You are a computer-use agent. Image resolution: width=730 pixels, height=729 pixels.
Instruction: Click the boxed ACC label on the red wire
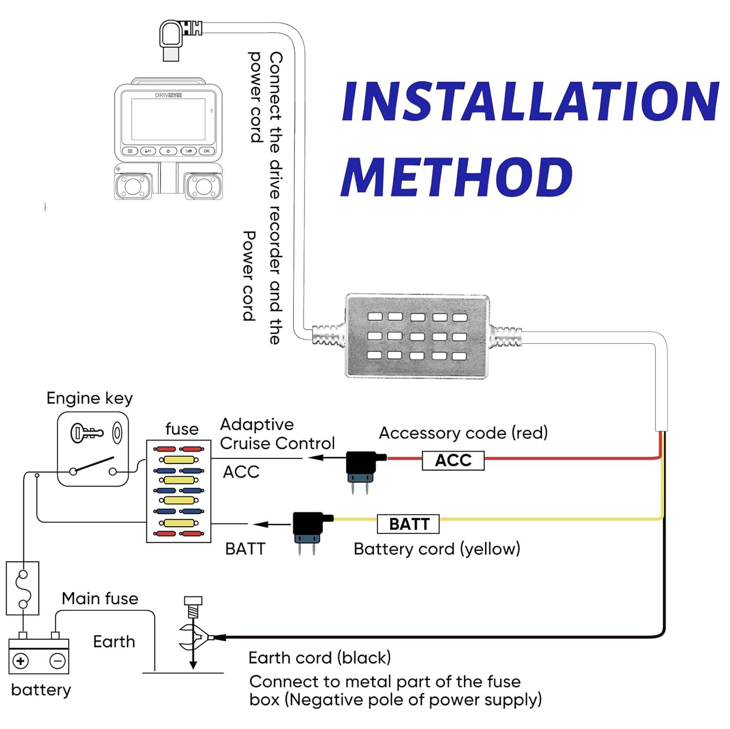(453, 460)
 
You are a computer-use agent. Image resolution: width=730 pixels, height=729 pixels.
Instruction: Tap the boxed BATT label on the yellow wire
(408, 524)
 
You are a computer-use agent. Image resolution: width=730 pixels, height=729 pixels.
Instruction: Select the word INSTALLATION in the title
(530, 101)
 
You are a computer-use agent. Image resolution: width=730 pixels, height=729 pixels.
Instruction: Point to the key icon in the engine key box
(87, 432)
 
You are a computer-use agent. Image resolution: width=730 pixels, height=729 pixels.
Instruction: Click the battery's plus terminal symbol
(20, 661)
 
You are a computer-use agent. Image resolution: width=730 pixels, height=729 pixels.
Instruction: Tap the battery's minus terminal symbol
(57, 661)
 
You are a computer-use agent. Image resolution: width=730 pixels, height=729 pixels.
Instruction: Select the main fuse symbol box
(22, 588)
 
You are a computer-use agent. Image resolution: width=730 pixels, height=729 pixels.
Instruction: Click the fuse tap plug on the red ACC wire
(363, 467)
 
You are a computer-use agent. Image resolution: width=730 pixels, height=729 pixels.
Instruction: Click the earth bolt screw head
(193, 601)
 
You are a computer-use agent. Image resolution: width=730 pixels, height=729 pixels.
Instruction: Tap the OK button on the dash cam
(207, 151)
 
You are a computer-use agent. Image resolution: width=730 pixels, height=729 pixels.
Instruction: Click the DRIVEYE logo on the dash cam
(168, 95)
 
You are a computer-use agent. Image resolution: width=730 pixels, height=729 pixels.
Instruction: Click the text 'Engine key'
(90, 398)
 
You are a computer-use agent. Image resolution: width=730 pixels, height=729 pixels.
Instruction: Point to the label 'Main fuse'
(100, 598)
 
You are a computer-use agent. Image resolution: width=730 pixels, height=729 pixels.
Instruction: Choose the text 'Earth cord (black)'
(319, 658)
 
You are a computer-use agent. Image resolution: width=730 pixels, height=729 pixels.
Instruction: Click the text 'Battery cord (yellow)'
(437, 549)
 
